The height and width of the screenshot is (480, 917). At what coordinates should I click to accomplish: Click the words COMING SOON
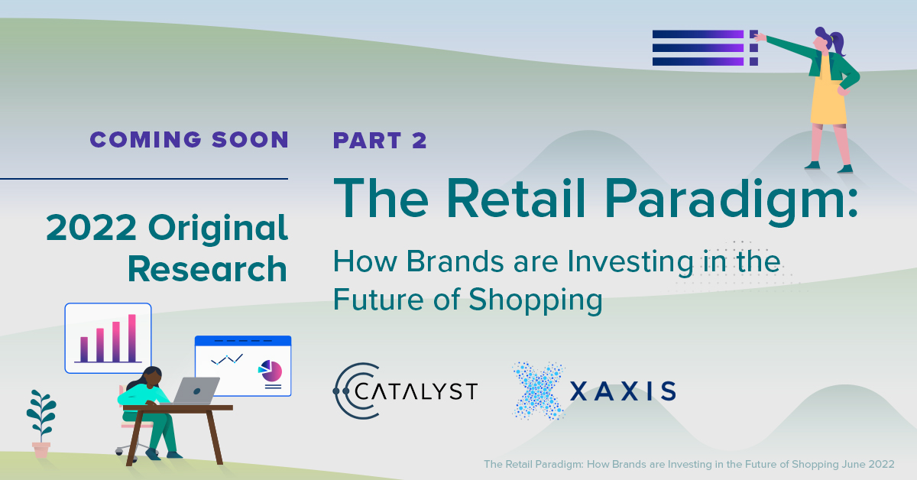click(189, 139)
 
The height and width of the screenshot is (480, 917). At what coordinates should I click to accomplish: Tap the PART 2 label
click(380, 141)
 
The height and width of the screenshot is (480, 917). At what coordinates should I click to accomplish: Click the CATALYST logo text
click(417, 391)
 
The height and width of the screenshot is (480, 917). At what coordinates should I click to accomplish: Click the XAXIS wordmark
click(623, 391)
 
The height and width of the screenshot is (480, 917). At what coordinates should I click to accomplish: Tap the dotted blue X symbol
click(540, 391)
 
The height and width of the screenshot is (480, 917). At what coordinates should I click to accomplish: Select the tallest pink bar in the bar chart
click(131, 337)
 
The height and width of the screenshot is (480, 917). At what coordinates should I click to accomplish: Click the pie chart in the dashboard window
click(271, 371)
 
